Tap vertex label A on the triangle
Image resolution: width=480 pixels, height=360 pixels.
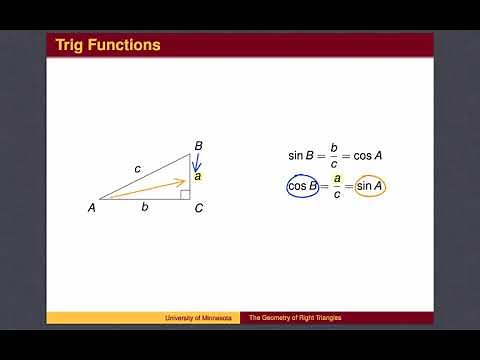91,208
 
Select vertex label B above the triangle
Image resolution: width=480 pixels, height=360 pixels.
199,146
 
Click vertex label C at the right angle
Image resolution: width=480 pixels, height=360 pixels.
199,208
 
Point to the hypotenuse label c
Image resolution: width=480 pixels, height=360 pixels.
137,169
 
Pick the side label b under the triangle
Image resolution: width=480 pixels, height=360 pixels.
145,207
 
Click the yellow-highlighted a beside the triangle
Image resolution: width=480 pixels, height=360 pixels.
198,176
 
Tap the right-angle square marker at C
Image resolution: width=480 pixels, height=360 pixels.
186,195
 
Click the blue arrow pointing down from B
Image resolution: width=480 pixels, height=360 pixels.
195,163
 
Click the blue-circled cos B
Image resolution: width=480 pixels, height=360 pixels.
303,186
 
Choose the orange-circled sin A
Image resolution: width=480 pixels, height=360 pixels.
370,186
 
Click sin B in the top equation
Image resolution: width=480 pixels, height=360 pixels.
303,156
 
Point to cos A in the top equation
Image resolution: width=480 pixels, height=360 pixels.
370,156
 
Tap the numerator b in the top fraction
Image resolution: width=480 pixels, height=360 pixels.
337,148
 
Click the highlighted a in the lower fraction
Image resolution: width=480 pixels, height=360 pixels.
337,178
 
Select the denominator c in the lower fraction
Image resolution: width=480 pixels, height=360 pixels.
337,195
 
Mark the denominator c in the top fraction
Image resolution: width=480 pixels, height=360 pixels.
337,165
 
